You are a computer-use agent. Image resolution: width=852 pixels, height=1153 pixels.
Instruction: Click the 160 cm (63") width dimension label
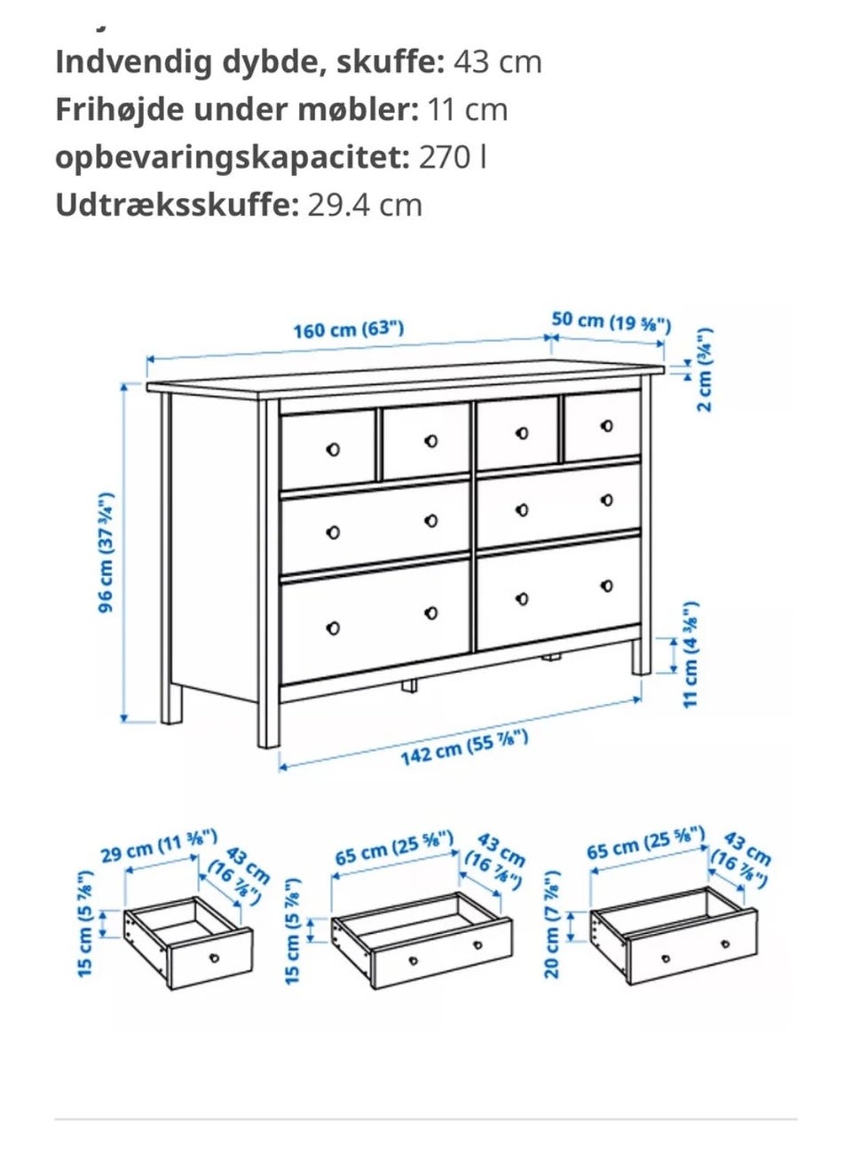tap(348, 329)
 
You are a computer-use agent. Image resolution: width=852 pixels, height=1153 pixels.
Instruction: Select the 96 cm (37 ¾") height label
tap(106, 552)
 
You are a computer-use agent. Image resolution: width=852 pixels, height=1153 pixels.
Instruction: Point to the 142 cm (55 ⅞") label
tap(464, 747)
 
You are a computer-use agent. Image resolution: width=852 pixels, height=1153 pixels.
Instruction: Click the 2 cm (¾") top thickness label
tap(705, 369)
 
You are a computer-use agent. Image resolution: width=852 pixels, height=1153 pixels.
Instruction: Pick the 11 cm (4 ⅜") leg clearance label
tap(690, 654)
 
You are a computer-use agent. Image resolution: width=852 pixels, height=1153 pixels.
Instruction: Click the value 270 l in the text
tap(453, 157)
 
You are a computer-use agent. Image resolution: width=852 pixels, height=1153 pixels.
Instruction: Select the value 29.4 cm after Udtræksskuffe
tap(365, 205)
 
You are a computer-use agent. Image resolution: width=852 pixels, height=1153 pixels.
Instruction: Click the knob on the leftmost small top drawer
tap(333, 448)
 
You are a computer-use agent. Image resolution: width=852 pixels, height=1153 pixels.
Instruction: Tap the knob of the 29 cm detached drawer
tap(214, 958)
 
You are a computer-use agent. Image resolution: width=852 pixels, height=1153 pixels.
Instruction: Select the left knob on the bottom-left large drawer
tap(333, 628)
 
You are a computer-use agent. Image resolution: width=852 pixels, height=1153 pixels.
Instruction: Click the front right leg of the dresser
tap(642, 657)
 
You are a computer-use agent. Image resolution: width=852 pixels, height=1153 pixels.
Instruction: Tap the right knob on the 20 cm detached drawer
tap(725, 944)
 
